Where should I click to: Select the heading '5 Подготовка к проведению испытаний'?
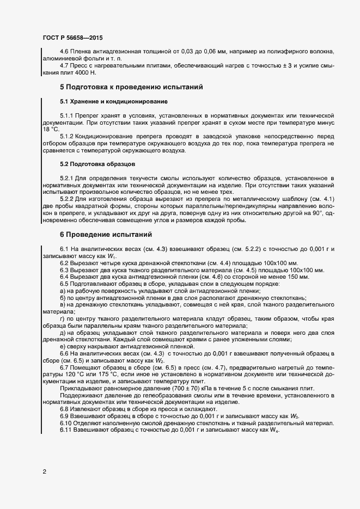click(x=131, y=87)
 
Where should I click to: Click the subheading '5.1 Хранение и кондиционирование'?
click(x=106, y=102)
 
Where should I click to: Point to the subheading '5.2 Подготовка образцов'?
click(x=90, y=164)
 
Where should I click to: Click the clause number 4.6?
click(x=64, y=51)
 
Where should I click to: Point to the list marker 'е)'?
click(x=62, y=346)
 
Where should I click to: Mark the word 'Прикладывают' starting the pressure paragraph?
click(x=78, y=388)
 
